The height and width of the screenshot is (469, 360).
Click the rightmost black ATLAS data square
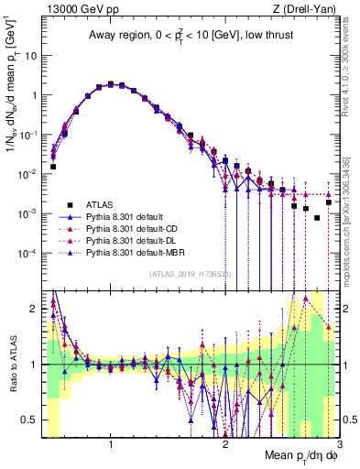pyautogui.click(x=328, y=202)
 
